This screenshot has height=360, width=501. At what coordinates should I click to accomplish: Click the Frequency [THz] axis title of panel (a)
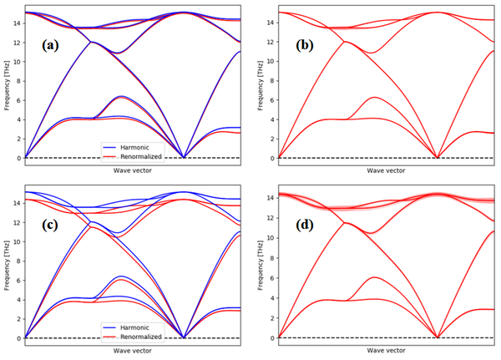(x=6, y=84)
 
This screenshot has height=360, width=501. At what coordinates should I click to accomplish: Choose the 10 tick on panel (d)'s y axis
(x=269, y=241)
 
